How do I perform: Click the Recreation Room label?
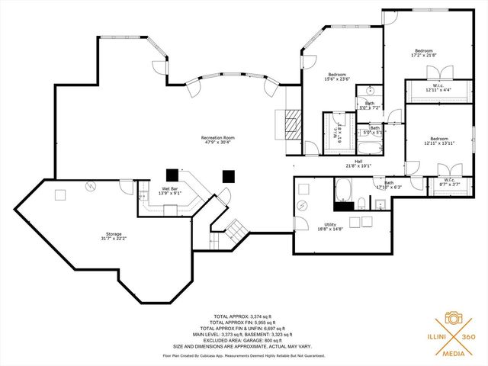217,140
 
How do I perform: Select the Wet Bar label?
169,191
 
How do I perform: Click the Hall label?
358,163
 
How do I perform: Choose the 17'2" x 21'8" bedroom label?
423,53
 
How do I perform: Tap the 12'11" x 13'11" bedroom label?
439,141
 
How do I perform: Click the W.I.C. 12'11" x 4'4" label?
438,88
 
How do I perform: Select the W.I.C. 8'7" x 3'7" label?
449,183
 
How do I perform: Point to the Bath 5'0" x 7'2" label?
369,105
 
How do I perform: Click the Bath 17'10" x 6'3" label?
389,185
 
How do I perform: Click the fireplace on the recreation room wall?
292,123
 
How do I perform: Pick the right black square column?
228,175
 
